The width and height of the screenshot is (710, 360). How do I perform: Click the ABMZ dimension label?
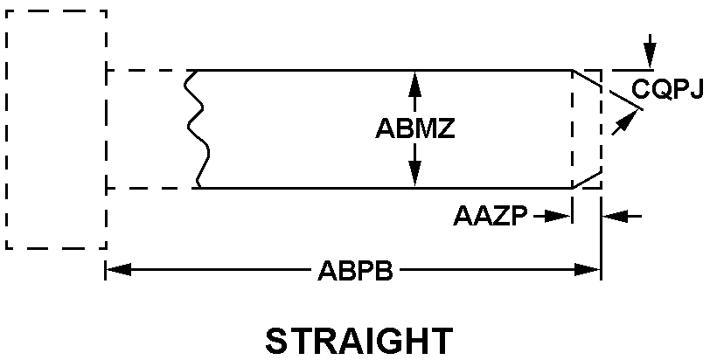point(415,128)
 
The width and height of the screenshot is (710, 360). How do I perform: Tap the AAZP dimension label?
point(491,216)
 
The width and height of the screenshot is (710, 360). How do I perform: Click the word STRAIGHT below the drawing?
point(358,340)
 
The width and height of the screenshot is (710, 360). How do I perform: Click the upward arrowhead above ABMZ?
point(414,80)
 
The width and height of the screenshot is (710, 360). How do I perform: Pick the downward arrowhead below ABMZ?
point(414,177)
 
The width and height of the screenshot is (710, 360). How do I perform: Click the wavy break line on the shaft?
point(198,128)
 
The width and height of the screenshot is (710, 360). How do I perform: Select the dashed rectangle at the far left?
point(55,129)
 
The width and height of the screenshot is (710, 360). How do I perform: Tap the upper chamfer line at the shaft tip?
point(586,79)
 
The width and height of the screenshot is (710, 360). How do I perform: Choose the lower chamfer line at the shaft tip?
point(586,179)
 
